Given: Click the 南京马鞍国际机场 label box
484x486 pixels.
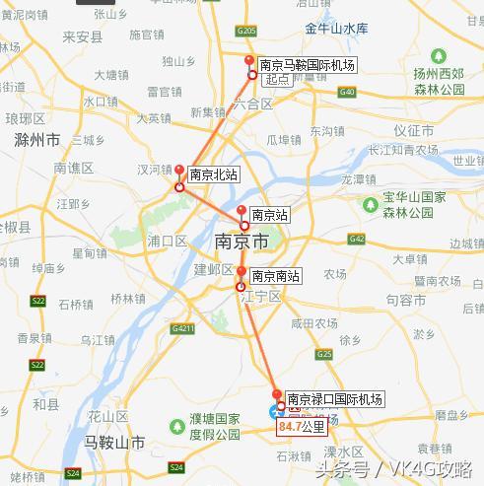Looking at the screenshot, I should pos(307,64).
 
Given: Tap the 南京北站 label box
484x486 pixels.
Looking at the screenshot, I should pos(214,174).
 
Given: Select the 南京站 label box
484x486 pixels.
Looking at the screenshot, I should pos(269,214).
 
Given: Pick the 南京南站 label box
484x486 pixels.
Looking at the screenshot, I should pos(275,276).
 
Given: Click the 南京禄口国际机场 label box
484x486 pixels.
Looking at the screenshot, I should pos(334,399).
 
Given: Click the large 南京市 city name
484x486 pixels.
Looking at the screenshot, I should pos(241,241).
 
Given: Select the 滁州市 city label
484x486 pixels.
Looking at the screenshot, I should pos(38,139).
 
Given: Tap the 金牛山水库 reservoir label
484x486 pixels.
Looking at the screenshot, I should pos(336,30).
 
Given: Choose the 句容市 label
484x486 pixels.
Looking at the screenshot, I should pos(405,299).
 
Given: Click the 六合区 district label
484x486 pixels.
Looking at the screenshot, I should pos(254,104).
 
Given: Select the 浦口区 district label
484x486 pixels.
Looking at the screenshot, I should pos(167,241).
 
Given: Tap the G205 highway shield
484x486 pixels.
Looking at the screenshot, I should pos(247,32).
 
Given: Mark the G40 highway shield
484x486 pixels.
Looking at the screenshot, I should pos(346,92).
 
